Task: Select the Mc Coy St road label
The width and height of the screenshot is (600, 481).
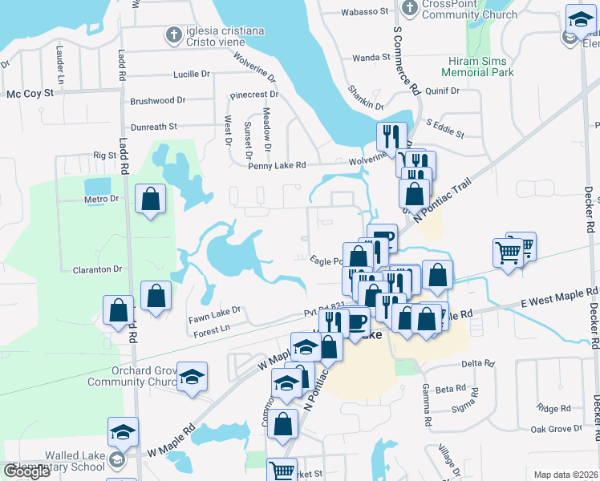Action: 30,94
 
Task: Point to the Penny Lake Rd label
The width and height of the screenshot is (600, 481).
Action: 277,165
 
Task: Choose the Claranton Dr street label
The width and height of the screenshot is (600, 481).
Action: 95,269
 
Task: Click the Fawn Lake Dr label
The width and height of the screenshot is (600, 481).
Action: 215,310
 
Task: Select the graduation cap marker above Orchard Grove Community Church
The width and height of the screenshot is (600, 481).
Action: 192,377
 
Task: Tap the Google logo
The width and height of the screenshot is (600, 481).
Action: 26,471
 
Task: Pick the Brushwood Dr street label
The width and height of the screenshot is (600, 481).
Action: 157,101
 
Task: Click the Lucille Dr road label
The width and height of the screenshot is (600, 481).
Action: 192,75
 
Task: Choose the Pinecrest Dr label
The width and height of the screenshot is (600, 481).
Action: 253,95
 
